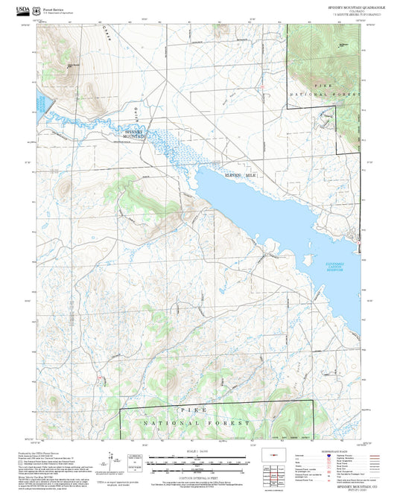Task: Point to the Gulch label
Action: pyautogui.click(x=136, y=113)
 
